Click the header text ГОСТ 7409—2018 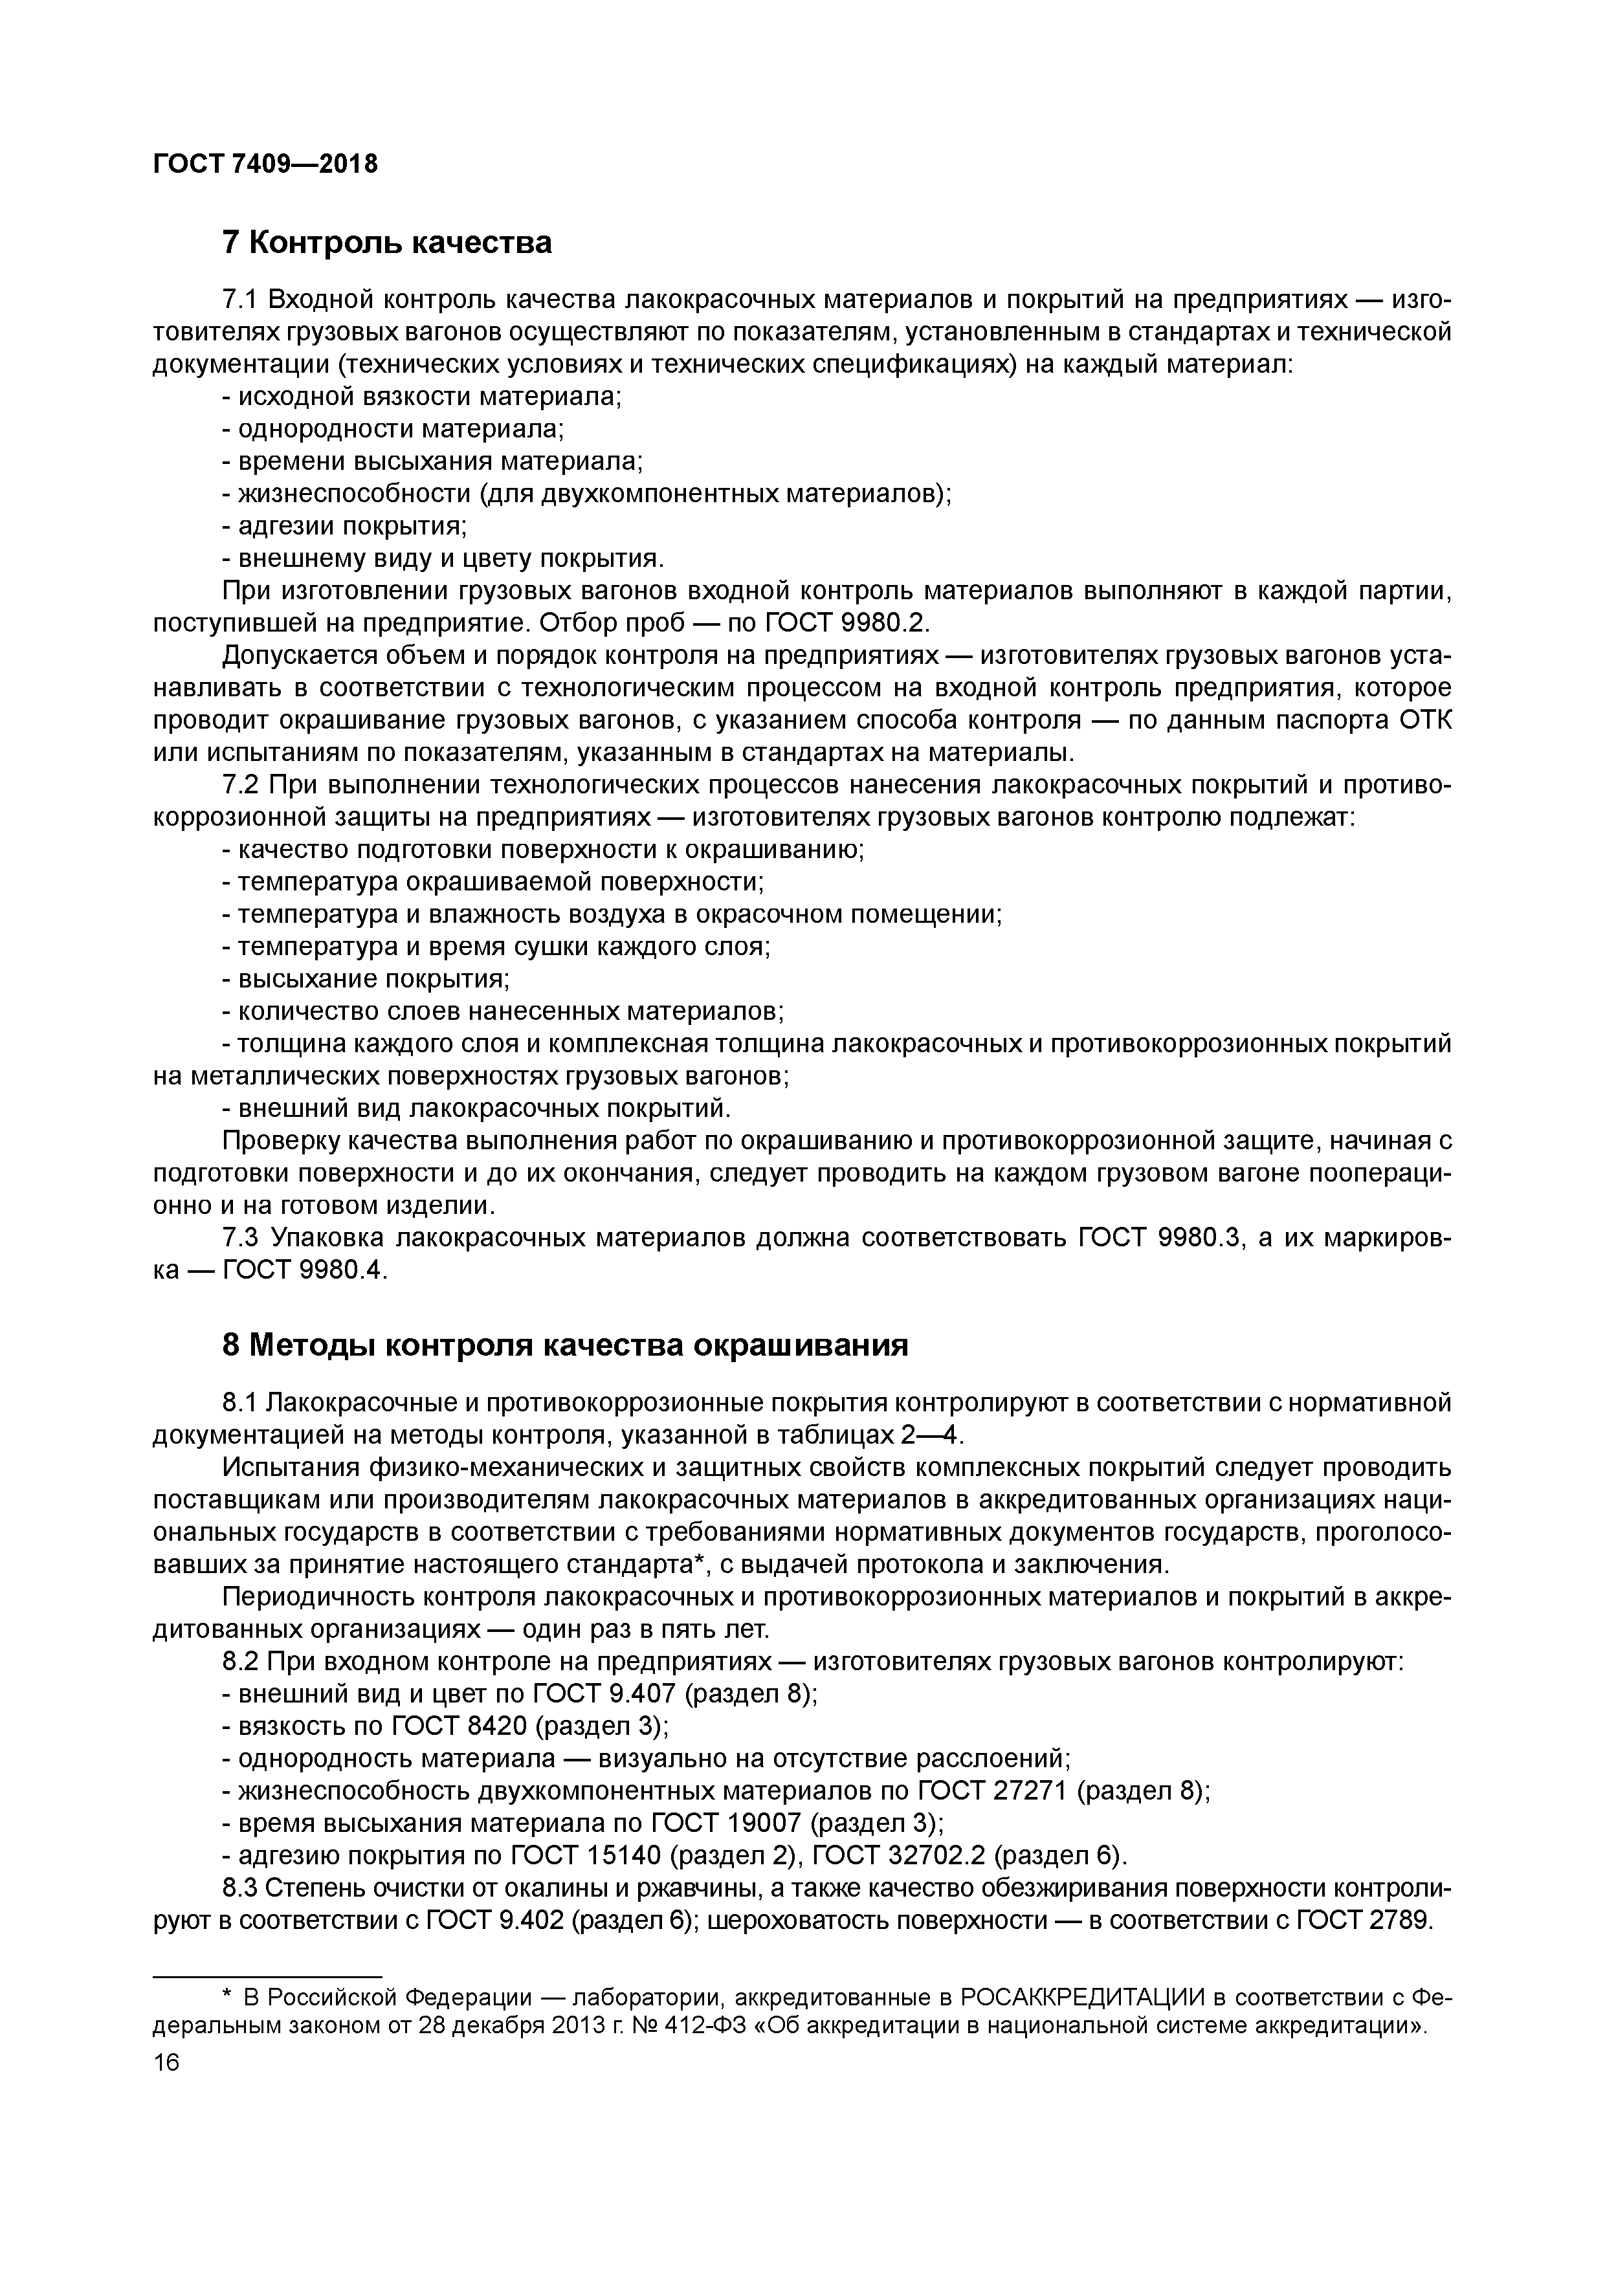coord(265,164)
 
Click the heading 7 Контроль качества coord(386,242)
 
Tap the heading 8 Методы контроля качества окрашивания coord(565,1345)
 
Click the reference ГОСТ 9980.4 coord(303,1270)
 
